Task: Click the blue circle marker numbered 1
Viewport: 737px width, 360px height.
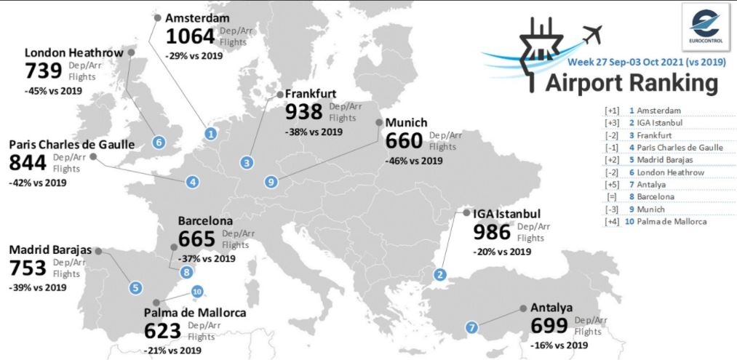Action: [210, 133]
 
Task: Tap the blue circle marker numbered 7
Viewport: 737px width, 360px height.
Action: [472, 327]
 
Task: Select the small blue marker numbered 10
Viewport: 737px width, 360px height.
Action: [196, 292]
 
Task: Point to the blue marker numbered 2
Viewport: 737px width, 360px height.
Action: [440, 274]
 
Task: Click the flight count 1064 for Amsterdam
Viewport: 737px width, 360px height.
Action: [191, 36]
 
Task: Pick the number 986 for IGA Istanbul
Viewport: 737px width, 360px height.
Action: [493, 232]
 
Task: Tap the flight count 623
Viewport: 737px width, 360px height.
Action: [162, 332]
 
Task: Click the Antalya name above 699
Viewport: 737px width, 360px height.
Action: [551, 308]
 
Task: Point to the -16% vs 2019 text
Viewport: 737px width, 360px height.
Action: [559, 345]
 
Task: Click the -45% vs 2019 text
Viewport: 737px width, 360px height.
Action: [52, 91]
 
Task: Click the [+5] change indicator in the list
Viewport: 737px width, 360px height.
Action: [610, 184]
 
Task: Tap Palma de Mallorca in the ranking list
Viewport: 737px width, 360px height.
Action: [669, 221]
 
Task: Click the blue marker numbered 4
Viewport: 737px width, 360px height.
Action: [193, 182]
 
